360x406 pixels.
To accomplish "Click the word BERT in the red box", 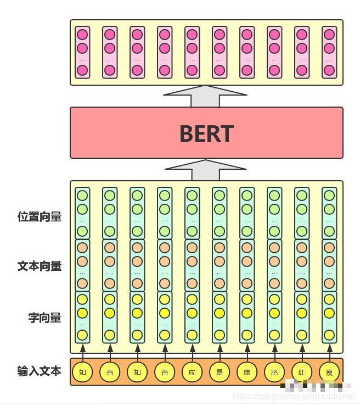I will pyautogui.click(x=206, y=134).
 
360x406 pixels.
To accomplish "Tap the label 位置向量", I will pyautogui.click(x=39, y=216).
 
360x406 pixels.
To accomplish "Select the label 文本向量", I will pyautogui.click(x=39, y=266).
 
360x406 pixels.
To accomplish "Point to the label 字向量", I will pyautogui.click(x=44, y=318).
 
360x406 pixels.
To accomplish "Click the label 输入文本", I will pyautogui.click(x=39, y=371).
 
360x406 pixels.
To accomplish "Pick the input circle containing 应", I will pyautogui.click(x=192, y=372).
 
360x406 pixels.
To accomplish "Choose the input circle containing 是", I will pyautogui.click(x=220, y=372).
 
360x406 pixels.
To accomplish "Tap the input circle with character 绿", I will pyautogui.click(x=247, y=372).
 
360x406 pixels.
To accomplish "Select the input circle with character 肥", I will pyautogui.click(x=274, y=372).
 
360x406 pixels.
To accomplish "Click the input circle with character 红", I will pyautogui.click(x=302, y=372).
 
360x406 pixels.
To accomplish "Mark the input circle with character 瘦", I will pyautogui.click(x=329, y=372).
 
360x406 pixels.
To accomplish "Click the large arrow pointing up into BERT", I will pyautogui.click(x=206, y=170).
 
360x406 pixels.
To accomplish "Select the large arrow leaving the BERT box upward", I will pyautogui.click(x=206, y=96).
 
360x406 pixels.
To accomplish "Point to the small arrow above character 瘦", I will pyautogui.click(x=329, y=350).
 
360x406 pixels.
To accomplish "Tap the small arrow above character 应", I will pyautogui.click(x=192, y=350).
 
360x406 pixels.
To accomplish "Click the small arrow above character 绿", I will pyautogui.click(x=247, y=350).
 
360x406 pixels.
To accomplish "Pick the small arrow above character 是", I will pyautogui.click(x=220, y=350).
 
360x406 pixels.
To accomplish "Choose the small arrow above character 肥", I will pyautogui.click(x=274, y=350).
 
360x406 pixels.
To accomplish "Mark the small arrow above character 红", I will pyautogui.click(x=302, y=350).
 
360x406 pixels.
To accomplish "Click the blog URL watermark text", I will pyautogui.click(x=294, y=396).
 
